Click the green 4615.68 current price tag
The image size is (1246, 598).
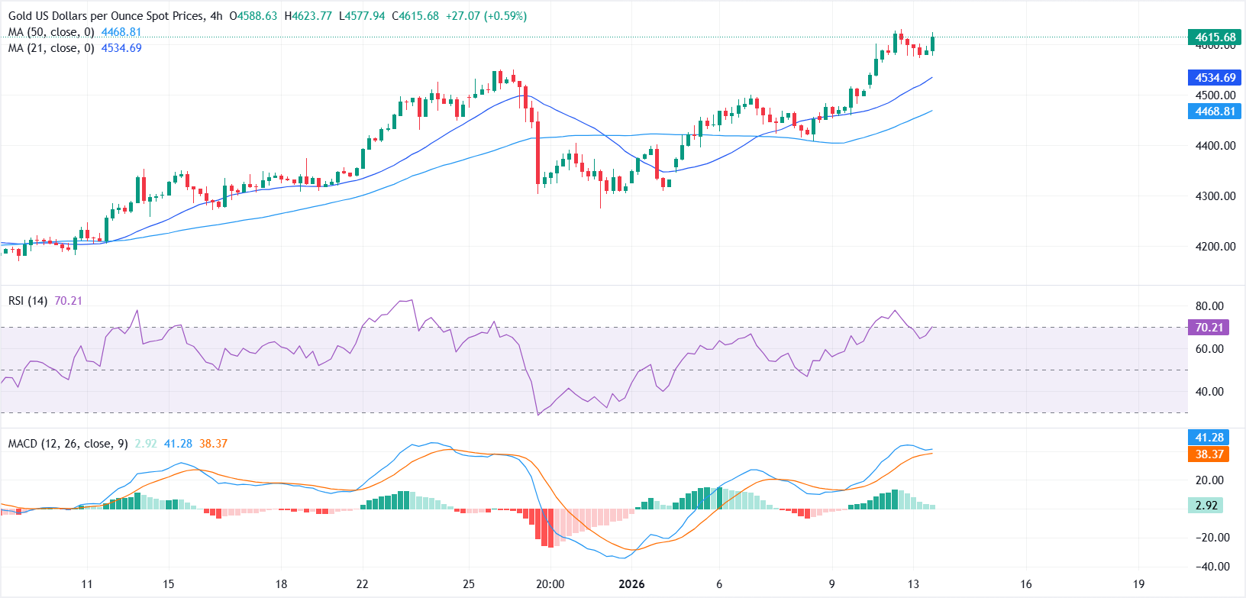point(1215,37)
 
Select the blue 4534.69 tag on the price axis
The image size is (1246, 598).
point(1215,78)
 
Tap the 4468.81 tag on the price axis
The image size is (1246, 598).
point(1215,112)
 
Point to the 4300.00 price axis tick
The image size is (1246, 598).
point(1215,196)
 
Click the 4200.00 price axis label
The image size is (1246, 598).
point(1215,247)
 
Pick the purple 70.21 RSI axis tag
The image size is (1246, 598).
point(1209,328)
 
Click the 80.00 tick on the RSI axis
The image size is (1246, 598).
point(1209,306)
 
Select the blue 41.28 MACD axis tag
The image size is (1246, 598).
point(1209,438)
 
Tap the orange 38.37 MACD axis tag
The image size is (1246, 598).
point(1209,454)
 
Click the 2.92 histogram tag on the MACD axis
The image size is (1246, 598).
point(1206,506)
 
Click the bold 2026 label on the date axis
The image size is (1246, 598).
point(631,584)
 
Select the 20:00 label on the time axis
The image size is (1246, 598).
point(550,584)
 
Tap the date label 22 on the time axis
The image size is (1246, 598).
point(362,584)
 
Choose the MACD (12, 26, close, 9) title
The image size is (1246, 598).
point(68,444)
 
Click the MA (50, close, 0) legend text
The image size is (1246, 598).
point(51,32)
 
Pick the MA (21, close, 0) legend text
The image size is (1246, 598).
point(51,48)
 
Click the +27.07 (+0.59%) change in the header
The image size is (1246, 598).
point(486,16)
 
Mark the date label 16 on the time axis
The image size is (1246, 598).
point(1025,584)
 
